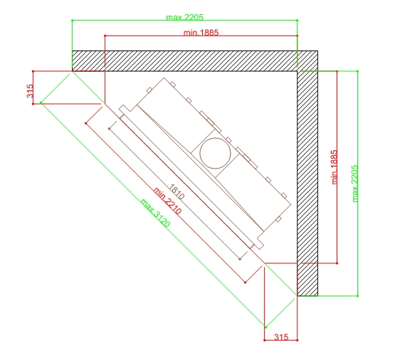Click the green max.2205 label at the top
click(184, 17)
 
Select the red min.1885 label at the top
click(201, 33)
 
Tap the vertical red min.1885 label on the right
click(335, 166)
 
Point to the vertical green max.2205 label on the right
click(355, 184)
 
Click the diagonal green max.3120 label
click(155, 213)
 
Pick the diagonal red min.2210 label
click(167, 201)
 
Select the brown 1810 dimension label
click(177, 192)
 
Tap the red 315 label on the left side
click(30, 91)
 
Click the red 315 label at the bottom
click(281, 337)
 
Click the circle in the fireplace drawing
click(215, 153)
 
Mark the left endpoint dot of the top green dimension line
click(72, 20)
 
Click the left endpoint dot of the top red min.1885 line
click(105, 36)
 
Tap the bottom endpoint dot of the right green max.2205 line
click(358, 296)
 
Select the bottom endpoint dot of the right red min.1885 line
click(337, 263)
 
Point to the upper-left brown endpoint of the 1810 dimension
click(109, 128)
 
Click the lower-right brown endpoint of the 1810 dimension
click(240, 259)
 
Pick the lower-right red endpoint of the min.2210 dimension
click(245, 282)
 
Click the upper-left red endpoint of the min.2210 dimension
click(85, 124)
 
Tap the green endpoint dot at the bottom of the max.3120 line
click(265, 327)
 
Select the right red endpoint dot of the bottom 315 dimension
click(298, 340)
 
